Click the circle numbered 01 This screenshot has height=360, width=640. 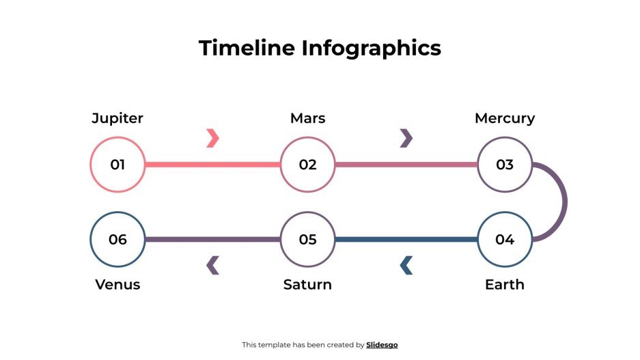(x=117, y=165)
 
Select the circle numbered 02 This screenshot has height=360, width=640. (x=307, y=165)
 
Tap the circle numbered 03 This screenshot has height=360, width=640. (x=505, y=165)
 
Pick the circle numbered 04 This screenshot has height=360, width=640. (x=505, y=239)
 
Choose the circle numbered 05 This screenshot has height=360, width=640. (x=307, y=239)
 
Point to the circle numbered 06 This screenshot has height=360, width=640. (x=117, y=239)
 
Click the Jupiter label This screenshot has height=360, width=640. (x=117, y=118)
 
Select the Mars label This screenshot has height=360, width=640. (x=307, y=118)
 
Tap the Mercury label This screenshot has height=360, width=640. (x=505, y=118)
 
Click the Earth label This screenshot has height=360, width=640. (x=505, y=284)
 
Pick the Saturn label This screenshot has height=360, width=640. (x=307, y=284)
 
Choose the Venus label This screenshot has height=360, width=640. (x=117, y=284)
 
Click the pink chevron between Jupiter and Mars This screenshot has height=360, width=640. (x=212, y=138)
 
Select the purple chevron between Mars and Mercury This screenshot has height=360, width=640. (x=406, y=138)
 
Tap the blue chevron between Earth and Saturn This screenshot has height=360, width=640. (x=406, y=265)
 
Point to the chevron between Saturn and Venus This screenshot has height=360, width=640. (x=212, y=265)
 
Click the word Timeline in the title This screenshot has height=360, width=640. (x=247, y=49)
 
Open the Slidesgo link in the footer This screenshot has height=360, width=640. (x=382, y=345)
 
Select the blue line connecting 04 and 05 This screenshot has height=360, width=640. (x=406, y=239)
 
